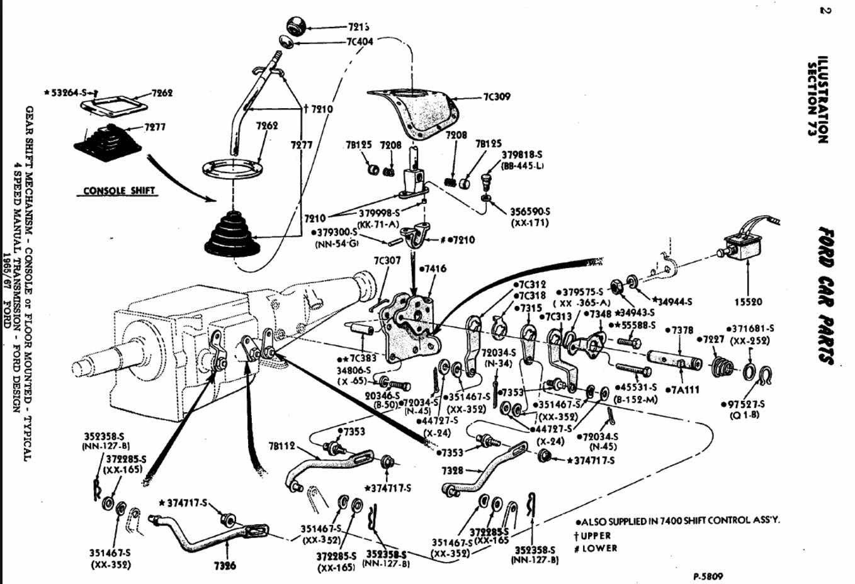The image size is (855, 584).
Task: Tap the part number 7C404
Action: pyautogui.click(x=360, y=42)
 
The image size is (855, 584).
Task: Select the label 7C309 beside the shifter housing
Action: pyautogui.click(x=497, y=97)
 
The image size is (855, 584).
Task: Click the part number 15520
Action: pyautogui.click(x=748, y=302)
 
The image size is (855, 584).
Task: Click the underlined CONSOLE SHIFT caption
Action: pyautogui.click(x=119, y=191)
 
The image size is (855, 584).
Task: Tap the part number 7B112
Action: pyautogui.click(x=281, y=446)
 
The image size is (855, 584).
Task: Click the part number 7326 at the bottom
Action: pyautogui.click(x=224, y=565)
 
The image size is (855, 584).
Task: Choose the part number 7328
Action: pyautogui.click(x=453, y=470)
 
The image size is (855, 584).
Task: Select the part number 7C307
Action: pyautogui.click(x=387, y=260)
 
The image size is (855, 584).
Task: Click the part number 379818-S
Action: pyautogui.click(x=521, y=154)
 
